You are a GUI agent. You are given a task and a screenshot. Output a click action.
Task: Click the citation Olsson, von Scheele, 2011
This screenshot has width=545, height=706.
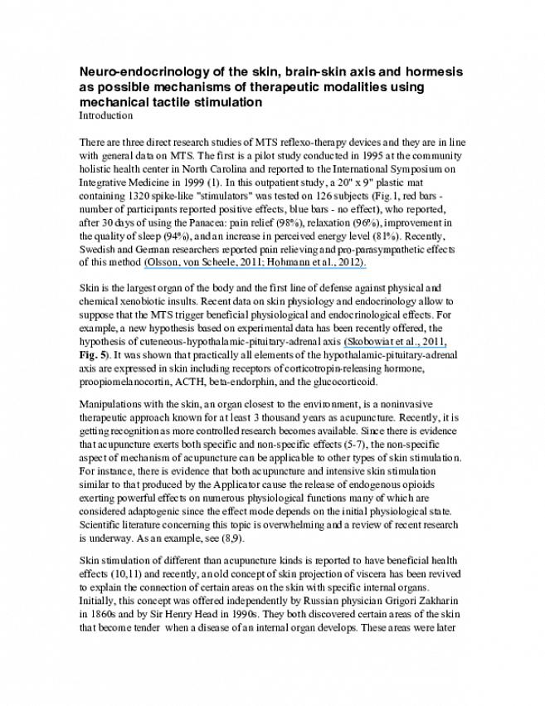(198, 262)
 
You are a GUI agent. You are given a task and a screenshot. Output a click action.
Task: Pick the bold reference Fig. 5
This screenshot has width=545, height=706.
(87, 355)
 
